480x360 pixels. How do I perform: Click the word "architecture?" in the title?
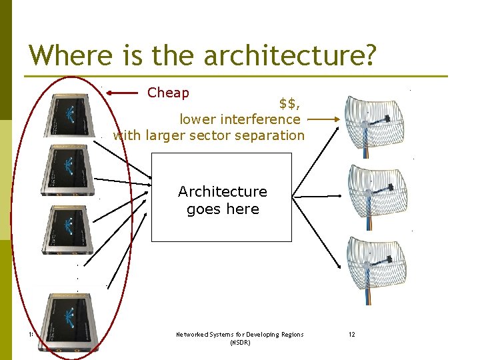(291, 56)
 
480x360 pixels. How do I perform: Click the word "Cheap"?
(168, 93)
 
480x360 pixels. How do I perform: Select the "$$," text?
(288, 103)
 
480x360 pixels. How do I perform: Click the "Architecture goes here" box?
(222, 197)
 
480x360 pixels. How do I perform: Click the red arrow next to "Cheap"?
(124, 93)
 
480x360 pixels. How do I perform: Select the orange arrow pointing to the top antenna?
(325, 120)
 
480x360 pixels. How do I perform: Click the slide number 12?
(351, 334)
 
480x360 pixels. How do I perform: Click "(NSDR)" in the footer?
(239, 343)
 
